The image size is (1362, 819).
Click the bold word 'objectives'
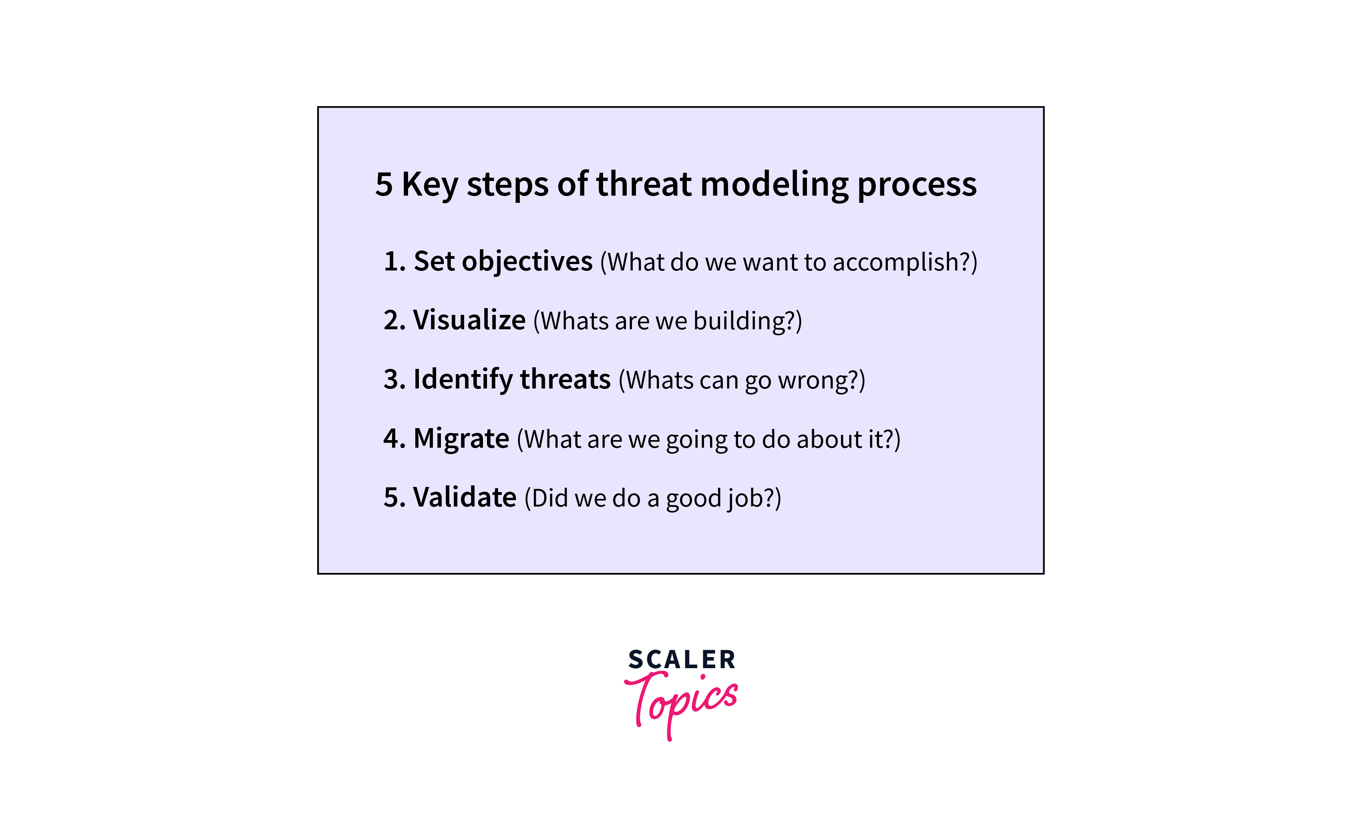click(527, 262)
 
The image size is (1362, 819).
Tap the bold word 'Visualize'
click(469, 320)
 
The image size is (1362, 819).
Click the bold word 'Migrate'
click(461, 439)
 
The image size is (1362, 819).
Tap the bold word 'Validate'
click(465, 497)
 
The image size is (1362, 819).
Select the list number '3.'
click(395, 380)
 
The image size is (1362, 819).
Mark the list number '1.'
click(395, 262)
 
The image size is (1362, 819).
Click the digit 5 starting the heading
click(384, 185)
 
